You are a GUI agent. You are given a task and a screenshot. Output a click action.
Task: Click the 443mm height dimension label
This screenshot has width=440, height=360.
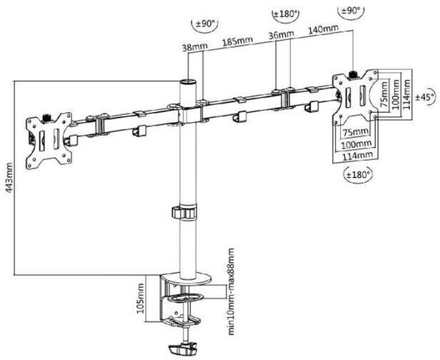click(x=9, y=177)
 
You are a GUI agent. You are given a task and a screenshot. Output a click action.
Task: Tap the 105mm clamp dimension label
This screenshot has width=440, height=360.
click(x=140, y=299)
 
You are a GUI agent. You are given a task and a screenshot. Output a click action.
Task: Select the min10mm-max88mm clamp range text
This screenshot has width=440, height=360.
click(x=231, y=291)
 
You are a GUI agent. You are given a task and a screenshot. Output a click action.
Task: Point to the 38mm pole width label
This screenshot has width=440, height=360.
click(x=195, y=47)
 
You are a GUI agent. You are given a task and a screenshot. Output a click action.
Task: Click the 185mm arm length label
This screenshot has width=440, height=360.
click(x=237, y=41)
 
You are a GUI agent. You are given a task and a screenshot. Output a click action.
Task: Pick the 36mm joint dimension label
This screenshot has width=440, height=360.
click(x=281, y=35)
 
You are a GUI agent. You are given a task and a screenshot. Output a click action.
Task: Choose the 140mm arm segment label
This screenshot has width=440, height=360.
click(x=324, y=29)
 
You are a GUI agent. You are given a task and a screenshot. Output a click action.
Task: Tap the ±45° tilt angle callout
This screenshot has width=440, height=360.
click(x=426, y=97)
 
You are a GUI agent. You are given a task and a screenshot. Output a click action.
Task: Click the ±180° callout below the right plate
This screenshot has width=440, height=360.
click(x=359, y=175)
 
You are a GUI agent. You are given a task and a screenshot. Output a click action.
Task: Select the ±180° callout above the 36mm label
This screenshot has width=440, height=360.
click(x=286, y=14)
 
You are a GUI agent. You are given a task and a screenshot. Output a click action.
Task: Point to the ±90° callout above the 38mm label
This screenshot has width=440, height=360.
click(x=205, y=24)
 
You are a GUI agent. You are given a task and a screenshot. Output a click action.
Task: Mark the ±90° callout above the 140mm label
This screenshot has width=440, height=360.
click(x=351, y=11)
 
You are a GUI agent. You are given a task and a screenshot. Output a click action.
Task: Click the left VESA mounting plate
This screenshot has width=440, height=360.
click(x=49, y=141)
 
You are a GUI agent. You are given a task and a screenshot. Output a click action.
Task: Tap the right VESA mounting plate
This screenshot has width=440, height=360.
click(x=355, y=97)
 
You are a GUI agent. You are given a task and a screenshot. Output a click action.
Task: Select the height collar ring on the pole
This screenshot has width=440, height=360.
click(x=184, y=212)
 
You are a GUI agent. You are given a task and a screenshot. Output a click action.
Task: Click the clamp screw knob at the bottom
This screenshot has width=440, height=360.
click(x=182, y=349)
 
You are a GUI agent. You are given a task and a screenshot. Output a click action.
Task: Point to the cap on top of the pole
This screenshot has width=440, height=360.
click(x=188, y=82)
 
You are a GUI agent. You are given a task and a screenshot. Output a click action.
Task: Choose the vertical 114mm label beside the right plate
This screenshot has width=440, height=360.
click(x=406, y=94)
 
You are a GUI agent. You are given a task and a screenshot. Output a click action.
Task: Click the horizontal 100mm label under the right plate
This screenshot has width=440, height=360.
click(x=356, y=145)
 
